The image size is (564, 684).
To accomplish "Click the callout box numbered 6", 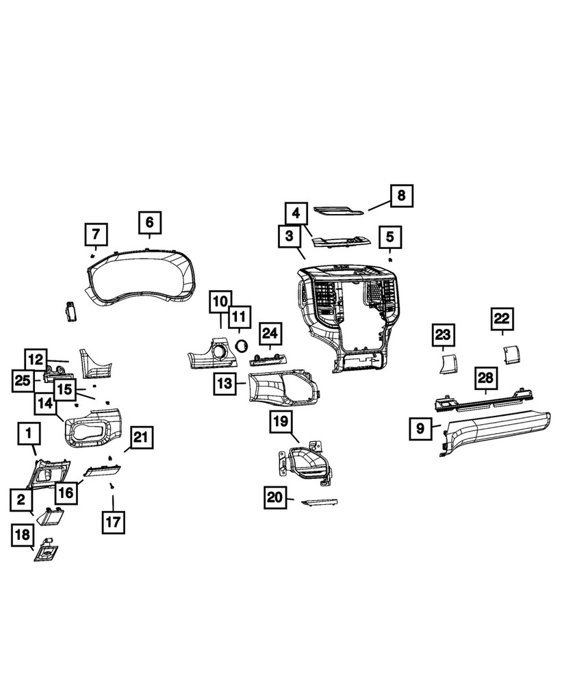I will click(150, 222).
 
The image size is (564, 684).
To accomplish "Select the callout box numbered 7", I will click(96, 235).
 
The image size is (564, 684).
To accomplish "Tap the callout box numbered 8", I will click(402, 196).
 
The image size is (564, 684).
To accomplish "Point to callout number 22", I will click(502, 319).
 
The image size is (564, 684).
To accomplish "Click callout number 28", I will click(485, 378).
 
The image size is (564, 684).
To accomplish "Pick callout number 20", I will click(276, 498).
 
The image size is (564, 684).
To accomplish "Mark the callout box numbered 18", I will click(22, 536).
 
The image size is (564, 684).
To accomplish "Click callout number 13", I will click(225, 384).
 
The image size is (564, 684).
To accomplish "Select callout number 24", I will click(270, 334).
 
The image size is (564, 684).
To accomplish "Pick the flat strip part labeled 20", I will click(320, 503).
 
